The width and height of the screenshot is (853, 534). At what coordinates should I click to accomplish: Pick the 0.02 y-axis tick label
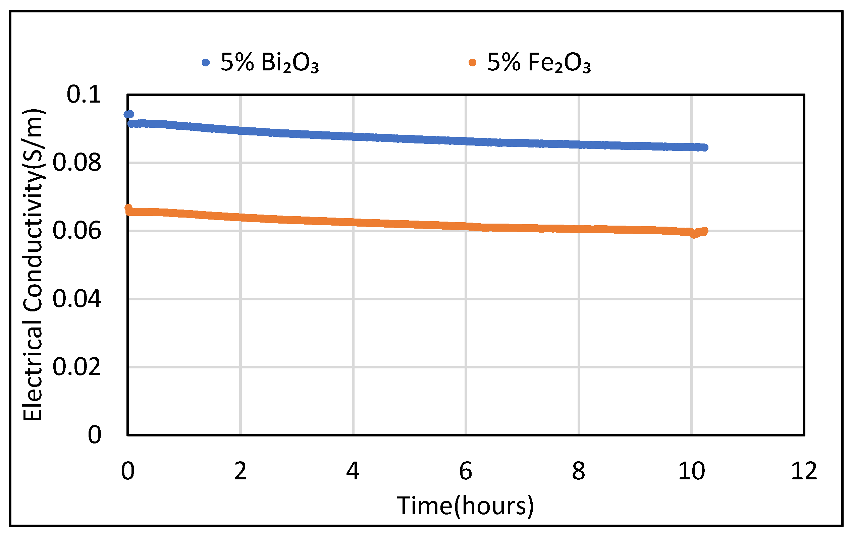pos(77,367)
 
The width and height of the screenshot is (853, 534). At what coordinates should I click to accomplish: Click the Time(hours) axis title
pos(465,506)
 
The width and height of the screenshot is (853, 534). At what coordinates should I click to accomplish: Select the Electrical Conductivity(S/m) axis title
pos(33,265)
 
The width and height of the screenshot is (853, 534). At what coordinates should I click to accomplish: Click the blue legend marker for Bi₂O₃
pos(206,62)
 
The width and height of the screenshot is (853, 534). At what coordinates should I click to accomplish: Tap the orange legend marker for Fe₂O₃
pos(472,62)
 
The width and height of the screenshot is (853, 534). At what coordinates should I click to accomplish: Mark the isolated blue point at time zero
pos(128,114)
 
